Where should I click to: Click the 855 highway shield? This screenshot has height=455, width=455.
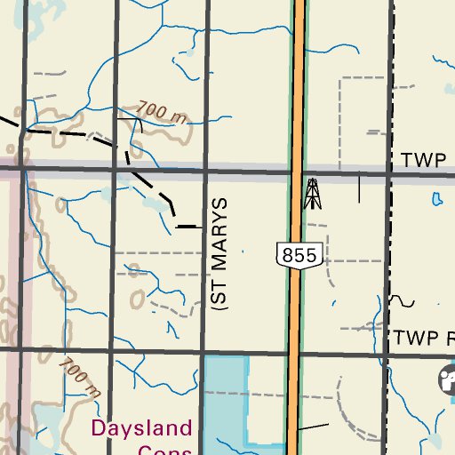point(298,256)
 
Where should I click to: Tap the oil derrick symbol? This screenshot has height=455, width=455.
point(311,194)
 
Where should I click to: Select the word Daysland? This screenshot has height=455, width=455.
point(141,427)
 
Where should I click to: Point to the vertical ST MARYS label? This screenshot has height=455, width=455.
point(221,252)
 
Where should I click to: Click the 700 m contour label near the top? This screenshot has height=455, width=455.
point(164,112)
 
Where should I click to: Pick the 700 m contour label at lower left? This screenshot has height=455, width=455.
point(78,376)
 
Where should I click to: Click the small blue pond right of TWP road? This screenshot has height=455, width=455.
point(436,200)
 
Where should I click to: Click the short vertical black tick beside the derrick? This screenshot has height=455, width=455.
point(359,188)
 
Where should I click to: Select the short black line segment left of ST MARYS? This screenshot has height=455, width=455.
point(189,227)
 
